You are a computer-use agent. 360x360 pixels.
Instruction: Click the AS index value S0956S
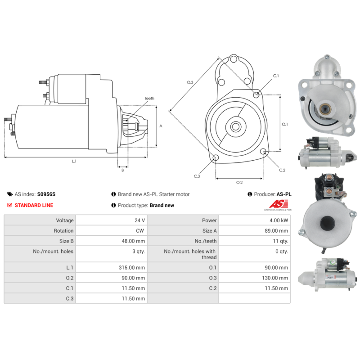tap(46, 194)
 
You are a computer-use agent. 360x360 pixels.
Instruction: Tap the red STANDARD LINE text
tap(34, 205)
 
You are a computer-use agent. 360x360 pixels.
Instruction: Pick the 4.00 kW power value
tap(279, 220)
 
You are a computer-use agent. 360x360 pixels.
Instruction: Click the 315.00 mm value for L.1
tap(132, 267)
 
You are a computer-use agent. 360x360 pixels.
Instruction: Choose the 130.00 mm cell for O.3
tap(275, 278)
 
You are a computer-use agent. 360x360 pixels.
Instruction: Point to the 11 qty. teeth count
tap(280, 241)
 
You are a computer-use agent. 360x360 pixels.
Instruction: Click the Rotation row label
tap(63, 231)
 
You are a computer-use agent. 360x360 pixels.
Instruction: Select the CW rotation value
tap(140, 231)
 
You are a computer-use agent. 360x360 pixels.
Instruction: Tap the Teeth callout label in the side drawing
tap(149, 98)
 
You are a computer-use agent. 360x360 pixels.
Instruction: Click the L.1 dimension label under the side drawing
tap(74, 161)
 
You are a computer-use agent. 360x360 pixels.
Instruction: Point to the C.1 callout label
tap(276, 76)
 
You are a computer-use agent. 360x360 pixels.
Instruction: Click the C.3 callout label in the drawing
tap(197, 176)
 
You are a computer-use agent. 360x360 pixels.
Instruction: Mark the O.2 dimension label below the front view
tap(239, 182)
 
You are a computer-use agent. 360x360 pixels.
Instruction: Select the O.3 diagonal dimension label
tap(190, 82)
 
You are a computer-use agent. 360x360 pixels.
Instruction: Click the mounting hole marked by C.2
tap(264, 151)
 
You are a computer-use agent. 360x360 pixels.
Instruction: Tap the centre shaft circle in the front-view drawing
tap(235, 126)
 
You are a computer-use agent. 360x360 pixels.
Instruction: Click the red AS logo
tap(279, 204)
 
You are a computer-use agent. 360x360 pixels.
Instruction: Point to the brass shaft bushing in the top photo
tap(325, 108)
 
